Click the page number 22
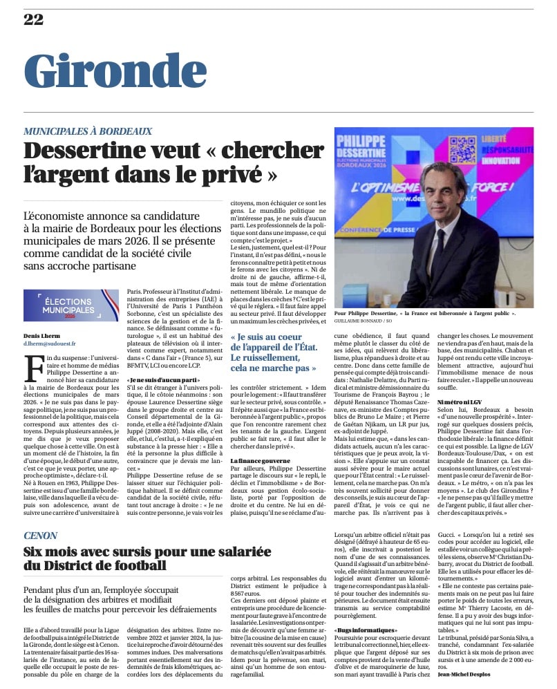[x=33, y=19]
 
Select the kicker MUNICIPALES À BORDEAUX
[x=88, y=131]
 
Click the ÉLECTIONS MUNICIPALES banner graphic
[x=71, y=306]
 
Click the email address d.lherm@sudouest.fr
[x=50, y=343]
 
